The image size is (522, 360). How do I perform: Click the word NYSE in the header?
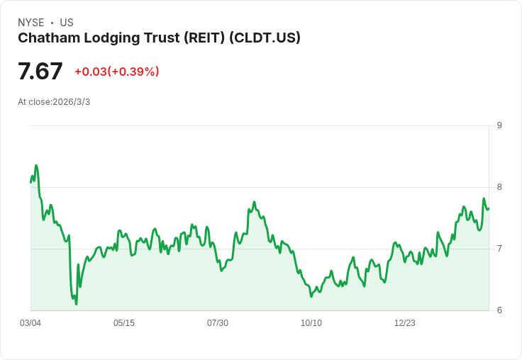pos(31,23)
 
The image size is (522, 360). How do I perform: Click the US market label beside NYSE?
pos(67,23)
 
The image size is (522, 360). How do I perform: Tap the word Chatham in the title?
pos(47,38)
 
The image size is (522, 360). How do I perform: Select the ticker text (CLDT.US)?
pos(265,38)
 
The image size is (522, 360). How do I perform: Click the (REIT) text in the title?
pos(204,38)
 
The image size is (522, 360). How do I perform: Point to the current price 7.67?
pos(40,72)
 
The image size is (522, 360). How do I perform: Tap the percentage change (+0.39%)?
pos(133,72)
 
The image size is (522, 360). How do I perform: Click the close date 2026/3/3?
pos(72,102)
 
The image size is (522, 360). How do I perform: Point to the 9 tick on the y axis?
pos(499,125)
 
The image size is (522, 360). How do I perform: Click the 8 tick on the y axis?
pos(499,187)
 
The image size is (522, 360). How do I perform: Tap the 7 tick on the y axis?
pos(499,249)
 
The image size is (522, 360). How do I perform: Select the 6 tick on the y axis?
pos(499,310)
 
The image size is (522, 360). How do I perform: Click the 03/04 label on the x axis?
pos(30,323)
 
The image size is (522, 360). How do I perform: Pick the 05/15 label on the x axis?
pos(124,323)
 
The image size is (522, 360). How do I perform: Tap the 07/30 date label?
pos(218,323)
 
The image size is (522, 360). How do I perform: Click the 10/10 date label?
pos(311,323)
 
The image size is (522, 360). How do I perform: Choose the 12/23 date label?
pos(405,323)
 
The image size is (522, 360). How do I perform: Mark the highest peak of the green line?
pos(36,166)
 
